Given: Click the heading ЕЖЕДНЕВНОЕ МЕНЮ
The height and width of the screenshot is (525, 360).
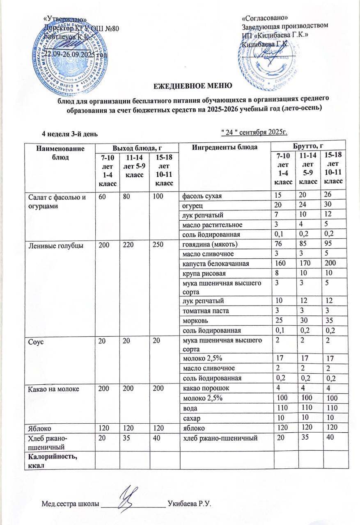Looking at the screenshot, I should [x=193, y=86].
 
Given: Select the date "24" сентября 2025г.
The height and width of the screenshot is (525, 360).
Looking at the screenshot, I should [x=253, y=132].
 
